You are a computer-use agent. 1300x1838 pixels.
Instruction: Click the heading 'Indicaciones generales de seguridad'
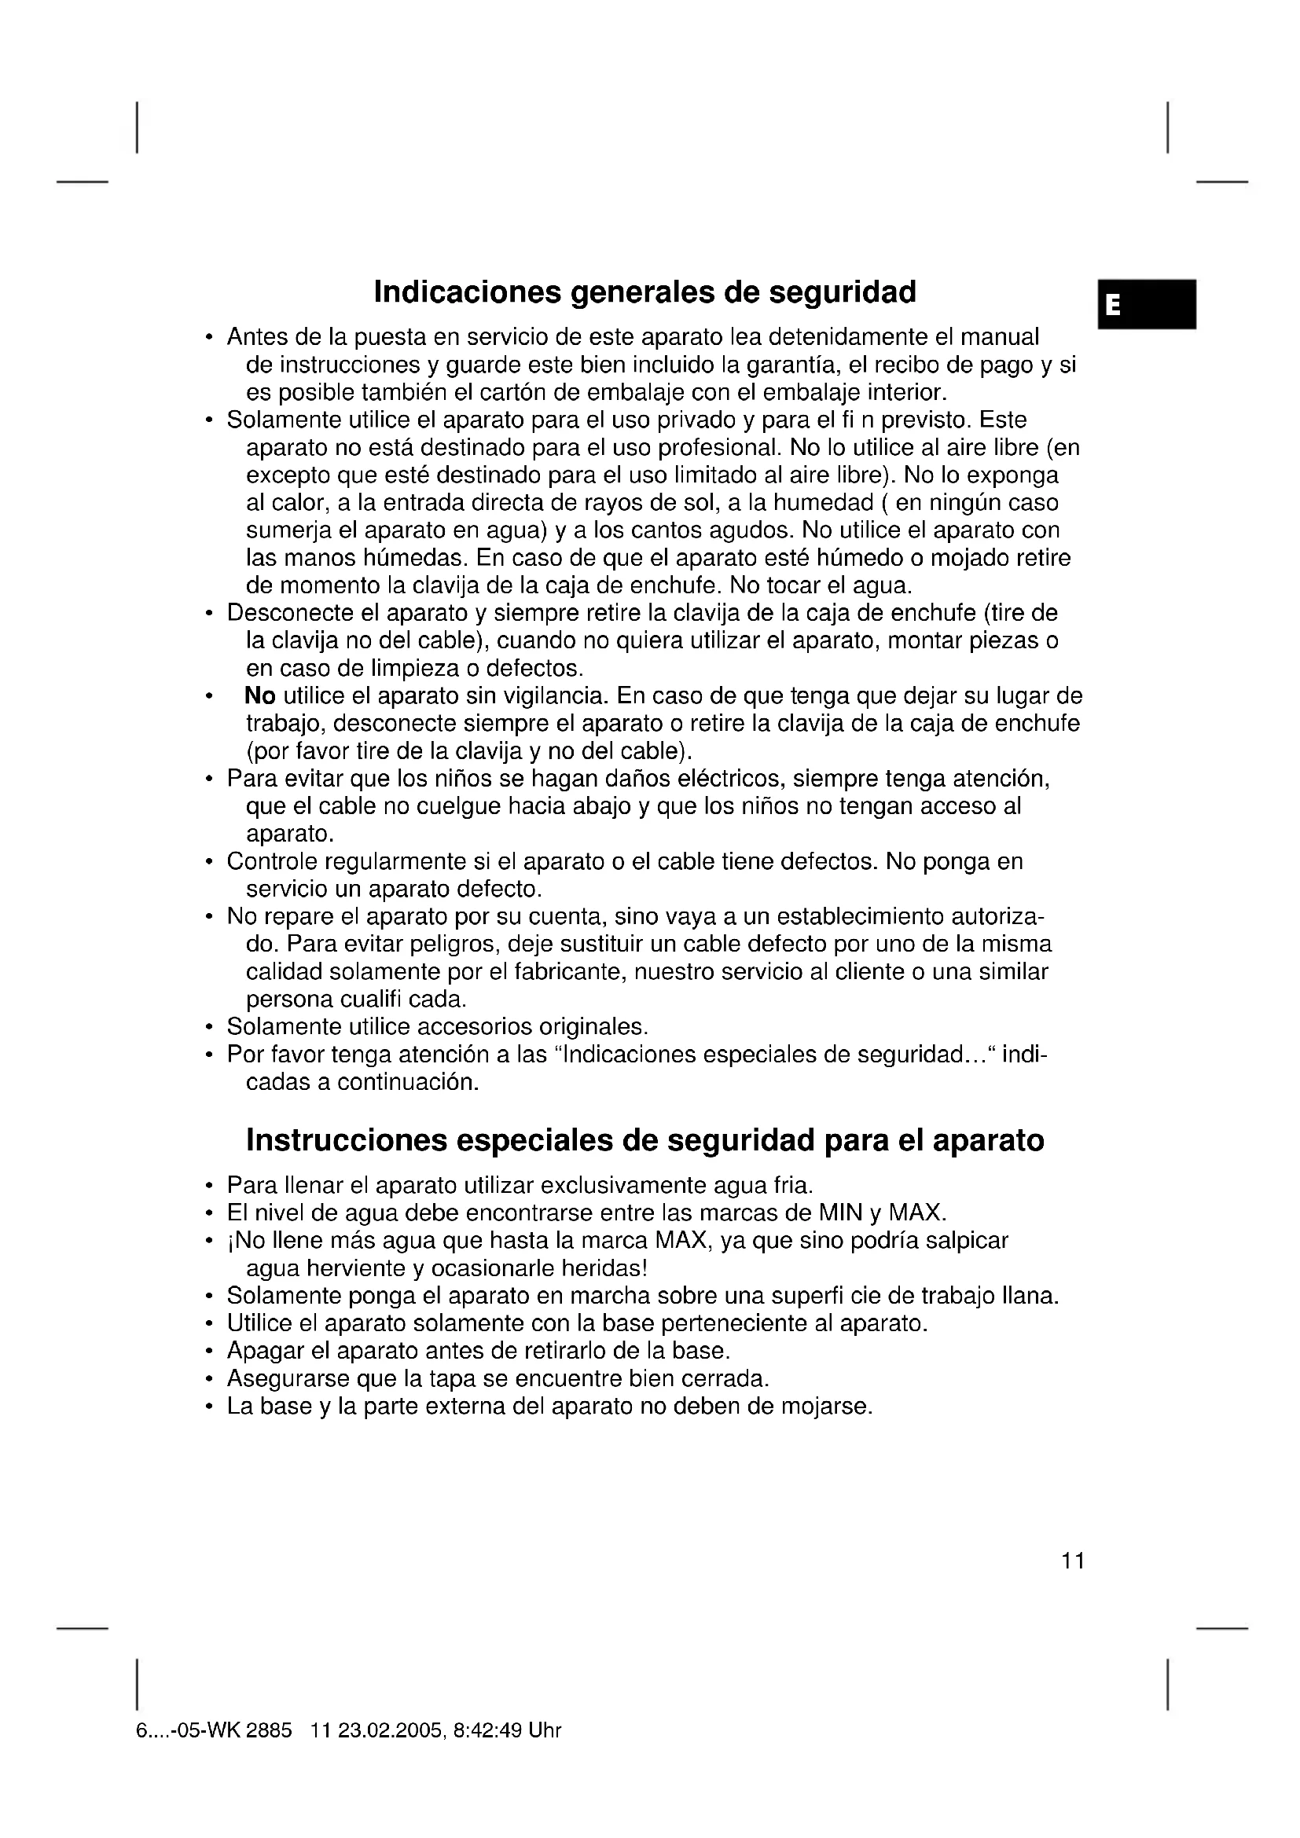pyautogui.click(x=644, y=292)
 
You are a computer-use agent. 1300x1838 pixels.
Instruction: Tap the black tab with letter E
pyautogui.click(x=1146, y=304)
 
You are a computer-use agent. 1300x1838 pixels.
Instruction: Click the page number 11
pyautogui.click(x=1073, y=1561)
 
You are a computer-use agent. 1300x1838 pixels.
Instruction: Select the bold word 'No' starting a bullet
pyautogui.click(x=260, y=695)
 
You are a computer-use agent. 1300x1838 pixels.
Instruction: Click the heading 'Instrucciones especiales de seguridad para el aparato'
pyautogui.click(x=644, y=1140)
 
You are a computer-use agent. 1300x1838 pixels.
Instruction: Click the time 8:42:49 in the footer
pyautogui.click(x=487, y=1730)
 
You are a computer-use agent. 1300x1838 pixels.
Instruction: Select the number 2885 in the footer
pyautogui.click(x=269, y=1730)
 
